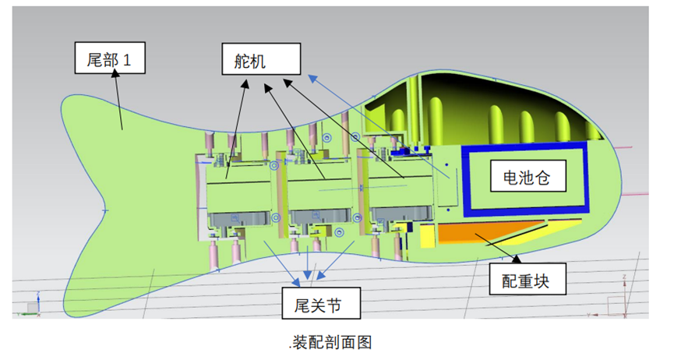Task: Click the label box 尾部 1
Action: click(110, 58)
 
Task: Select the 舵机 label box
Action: click(261, 59)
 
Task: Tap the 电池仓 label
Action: click(528, 176)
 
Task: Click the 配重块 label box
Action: click(528, 279)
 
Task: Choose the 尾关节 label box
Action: click(321, 303)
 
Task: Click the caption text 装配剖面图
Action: click(332, 343)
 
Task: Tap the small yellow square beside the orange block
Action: click(427, 236)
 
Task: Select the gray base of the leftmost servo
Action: click(239, 219)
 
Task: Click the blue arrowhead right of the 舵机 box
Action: click(313, 79)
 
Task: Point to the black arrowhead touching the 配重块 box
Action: click(517, 259)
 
